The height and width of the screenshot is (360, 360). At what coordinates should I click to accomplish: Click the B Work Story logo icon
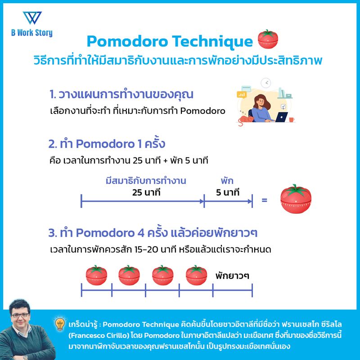[32, 18]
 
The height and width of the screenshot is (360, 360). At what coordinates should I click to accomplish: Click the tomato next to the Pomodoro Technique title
[269, 40]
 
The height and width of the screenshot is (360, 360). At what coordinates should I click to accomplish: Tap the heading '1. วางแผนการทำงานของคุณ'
[121, 95]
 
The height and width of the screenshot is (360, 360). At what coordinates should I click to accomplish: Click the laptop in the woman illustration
[281, 117]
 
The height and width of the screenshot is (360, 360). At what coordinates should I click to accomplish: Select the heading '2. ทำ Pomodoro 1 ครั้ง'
[107, 144]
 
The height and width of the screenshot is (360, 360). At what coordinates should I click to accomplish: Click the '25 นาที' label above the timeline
[146, 193]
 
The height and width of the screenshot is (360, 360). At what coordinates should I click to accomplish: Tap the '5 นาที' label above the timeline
[228, 193]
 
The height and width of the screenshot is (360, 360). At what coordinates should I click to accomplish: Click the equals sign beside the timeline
[264, 198]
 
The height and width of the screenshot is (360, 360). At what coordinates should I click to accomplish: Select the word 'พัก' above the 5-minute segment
[227, 181]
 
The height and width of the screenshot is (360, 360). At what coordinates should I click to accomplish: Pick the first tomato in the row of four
[96, 275]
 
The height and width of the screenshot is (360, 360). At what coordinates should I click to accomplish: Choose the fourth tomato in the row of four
[197, 275]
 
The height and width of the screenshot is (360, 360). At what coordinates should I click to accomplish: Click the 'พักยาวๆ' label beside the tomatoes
[232, 274]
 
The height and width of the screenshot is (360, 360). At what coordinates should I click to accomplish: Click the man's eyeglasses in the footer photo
[22, 315]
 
